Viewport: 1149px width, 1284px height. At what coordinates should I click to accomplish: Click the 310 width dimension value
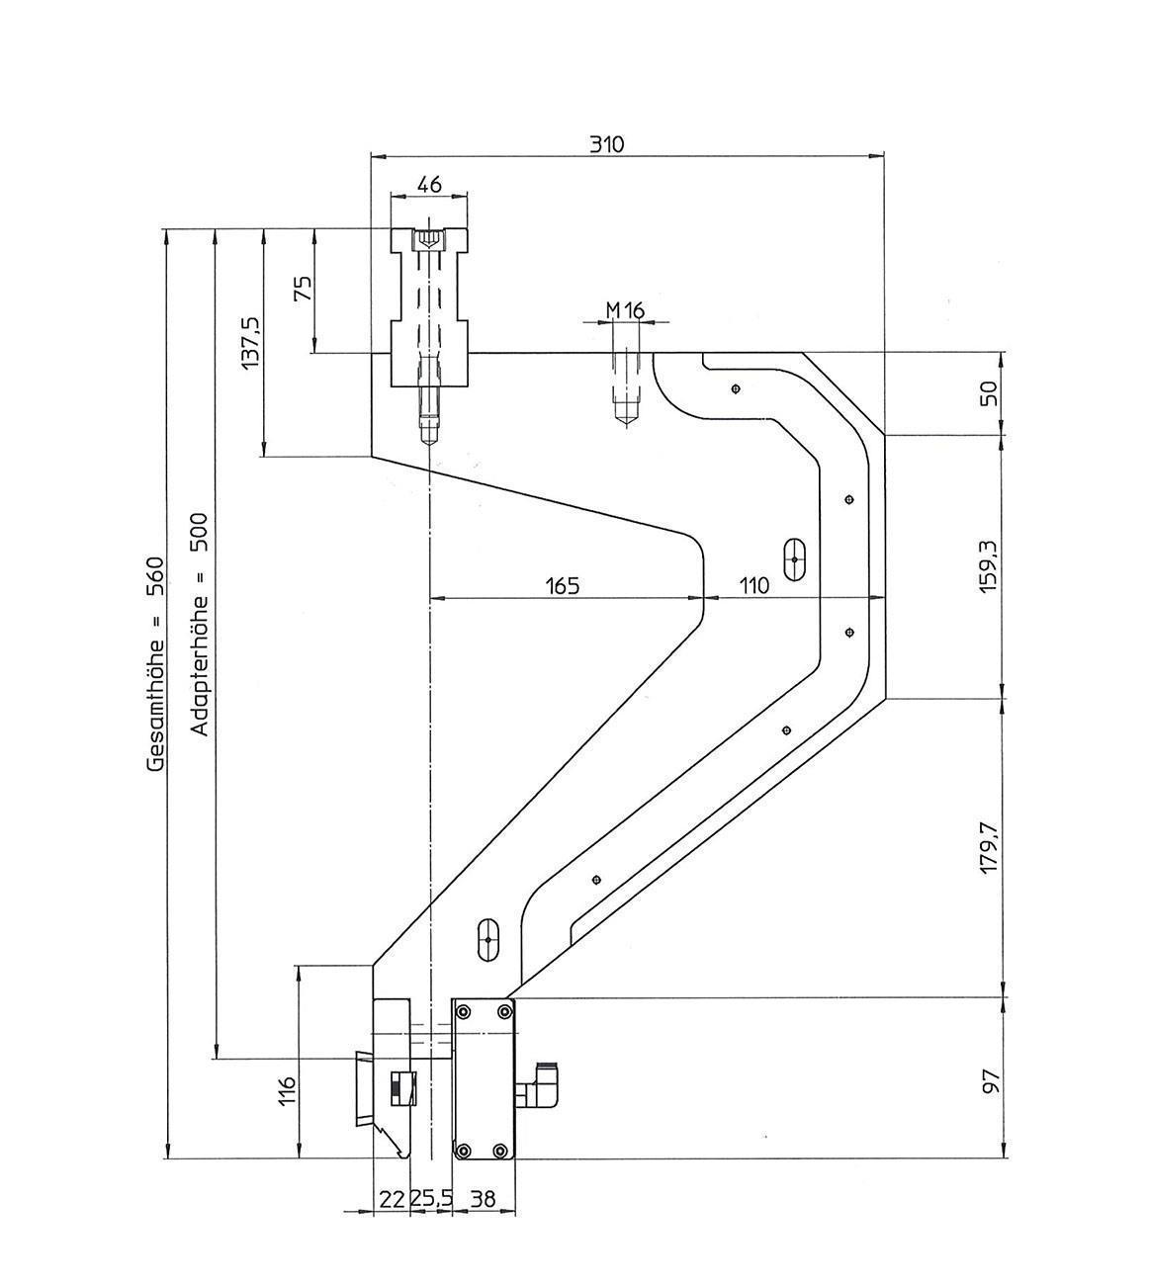pos(607,144)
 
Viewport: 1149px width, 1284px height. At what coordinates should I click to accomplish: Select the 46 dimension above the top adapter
pos(429,185)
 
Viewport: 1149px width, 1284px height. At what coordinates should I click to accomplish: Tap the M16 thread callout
pos(625,310)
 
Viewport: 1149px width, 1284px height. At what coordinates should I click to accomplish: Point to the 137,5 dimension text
pos(251,343)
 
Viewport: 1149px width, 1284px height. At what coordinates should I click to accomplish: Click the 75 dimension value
pos(303,288)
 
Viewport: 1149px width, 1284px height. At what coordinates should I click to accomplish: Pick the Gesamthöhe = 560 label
pos(155,663)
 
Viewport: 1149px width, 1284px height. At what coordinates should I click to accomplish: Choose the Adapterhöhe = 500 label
pos(200,624)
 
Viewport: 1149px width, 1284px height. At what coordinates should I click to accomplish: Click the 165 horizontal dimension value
pos(562,585)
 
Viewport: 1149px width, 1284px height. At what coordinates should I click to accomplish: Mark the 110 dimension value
pos(753,585)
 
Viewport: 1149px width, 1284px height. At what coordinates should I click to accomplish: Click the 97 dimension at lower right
pos(992,1079)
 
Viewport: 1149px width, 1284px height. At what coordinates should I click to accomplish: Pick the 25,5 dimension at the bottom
pos(431,1199)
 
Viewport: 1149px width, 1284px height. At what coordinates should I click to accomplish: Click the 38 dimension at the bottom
pos(483,1199)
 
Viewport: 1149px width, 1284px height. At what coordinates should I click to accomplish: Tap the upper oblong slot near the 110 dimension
pos(795,559)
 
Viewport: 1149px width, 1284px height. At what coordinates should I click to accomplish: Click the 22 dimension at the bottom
pos(393,1199)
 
